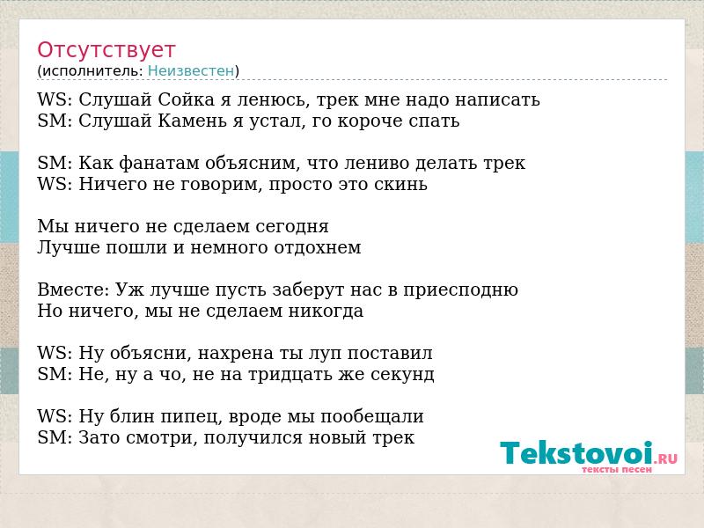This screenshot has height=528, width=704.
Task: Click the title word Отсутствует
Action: tap(106, 49)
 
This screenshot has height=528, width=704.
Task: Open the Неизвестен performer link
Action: tap(191, 70)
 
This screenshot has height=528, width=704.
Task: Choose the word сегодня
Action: tap(292, 227)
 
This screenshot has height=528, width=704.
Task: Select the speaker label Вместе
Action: tap(71, 290)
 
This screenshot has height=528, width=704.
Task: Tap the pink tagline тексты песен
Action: tap(617, 469)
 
